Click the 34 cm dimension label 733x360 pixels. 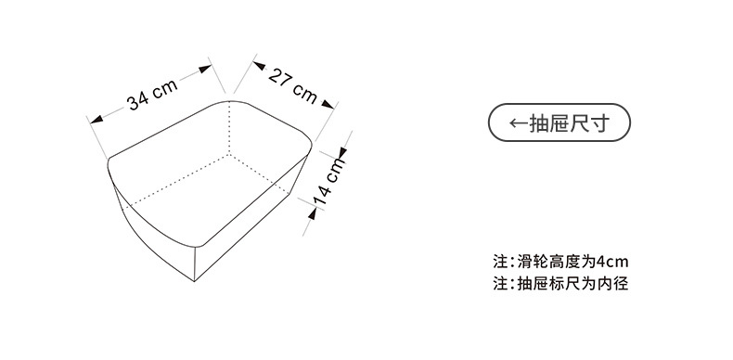tap(152, 95)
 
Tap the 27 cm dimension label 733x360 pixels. tap(292, 85)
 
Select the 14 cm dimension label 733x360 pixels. tap(328, 182)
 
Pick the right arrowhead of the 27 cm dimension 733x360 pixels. tap(328, 106)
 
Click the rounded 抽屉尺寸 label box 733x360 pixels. tap(559, 123)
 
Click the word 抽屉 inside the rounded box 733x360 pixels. tap(552, 123)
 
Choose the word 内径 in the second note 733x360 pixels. tap(614, 283)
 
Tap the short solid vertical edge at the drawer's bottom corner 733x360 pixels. tap(196, 264)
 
